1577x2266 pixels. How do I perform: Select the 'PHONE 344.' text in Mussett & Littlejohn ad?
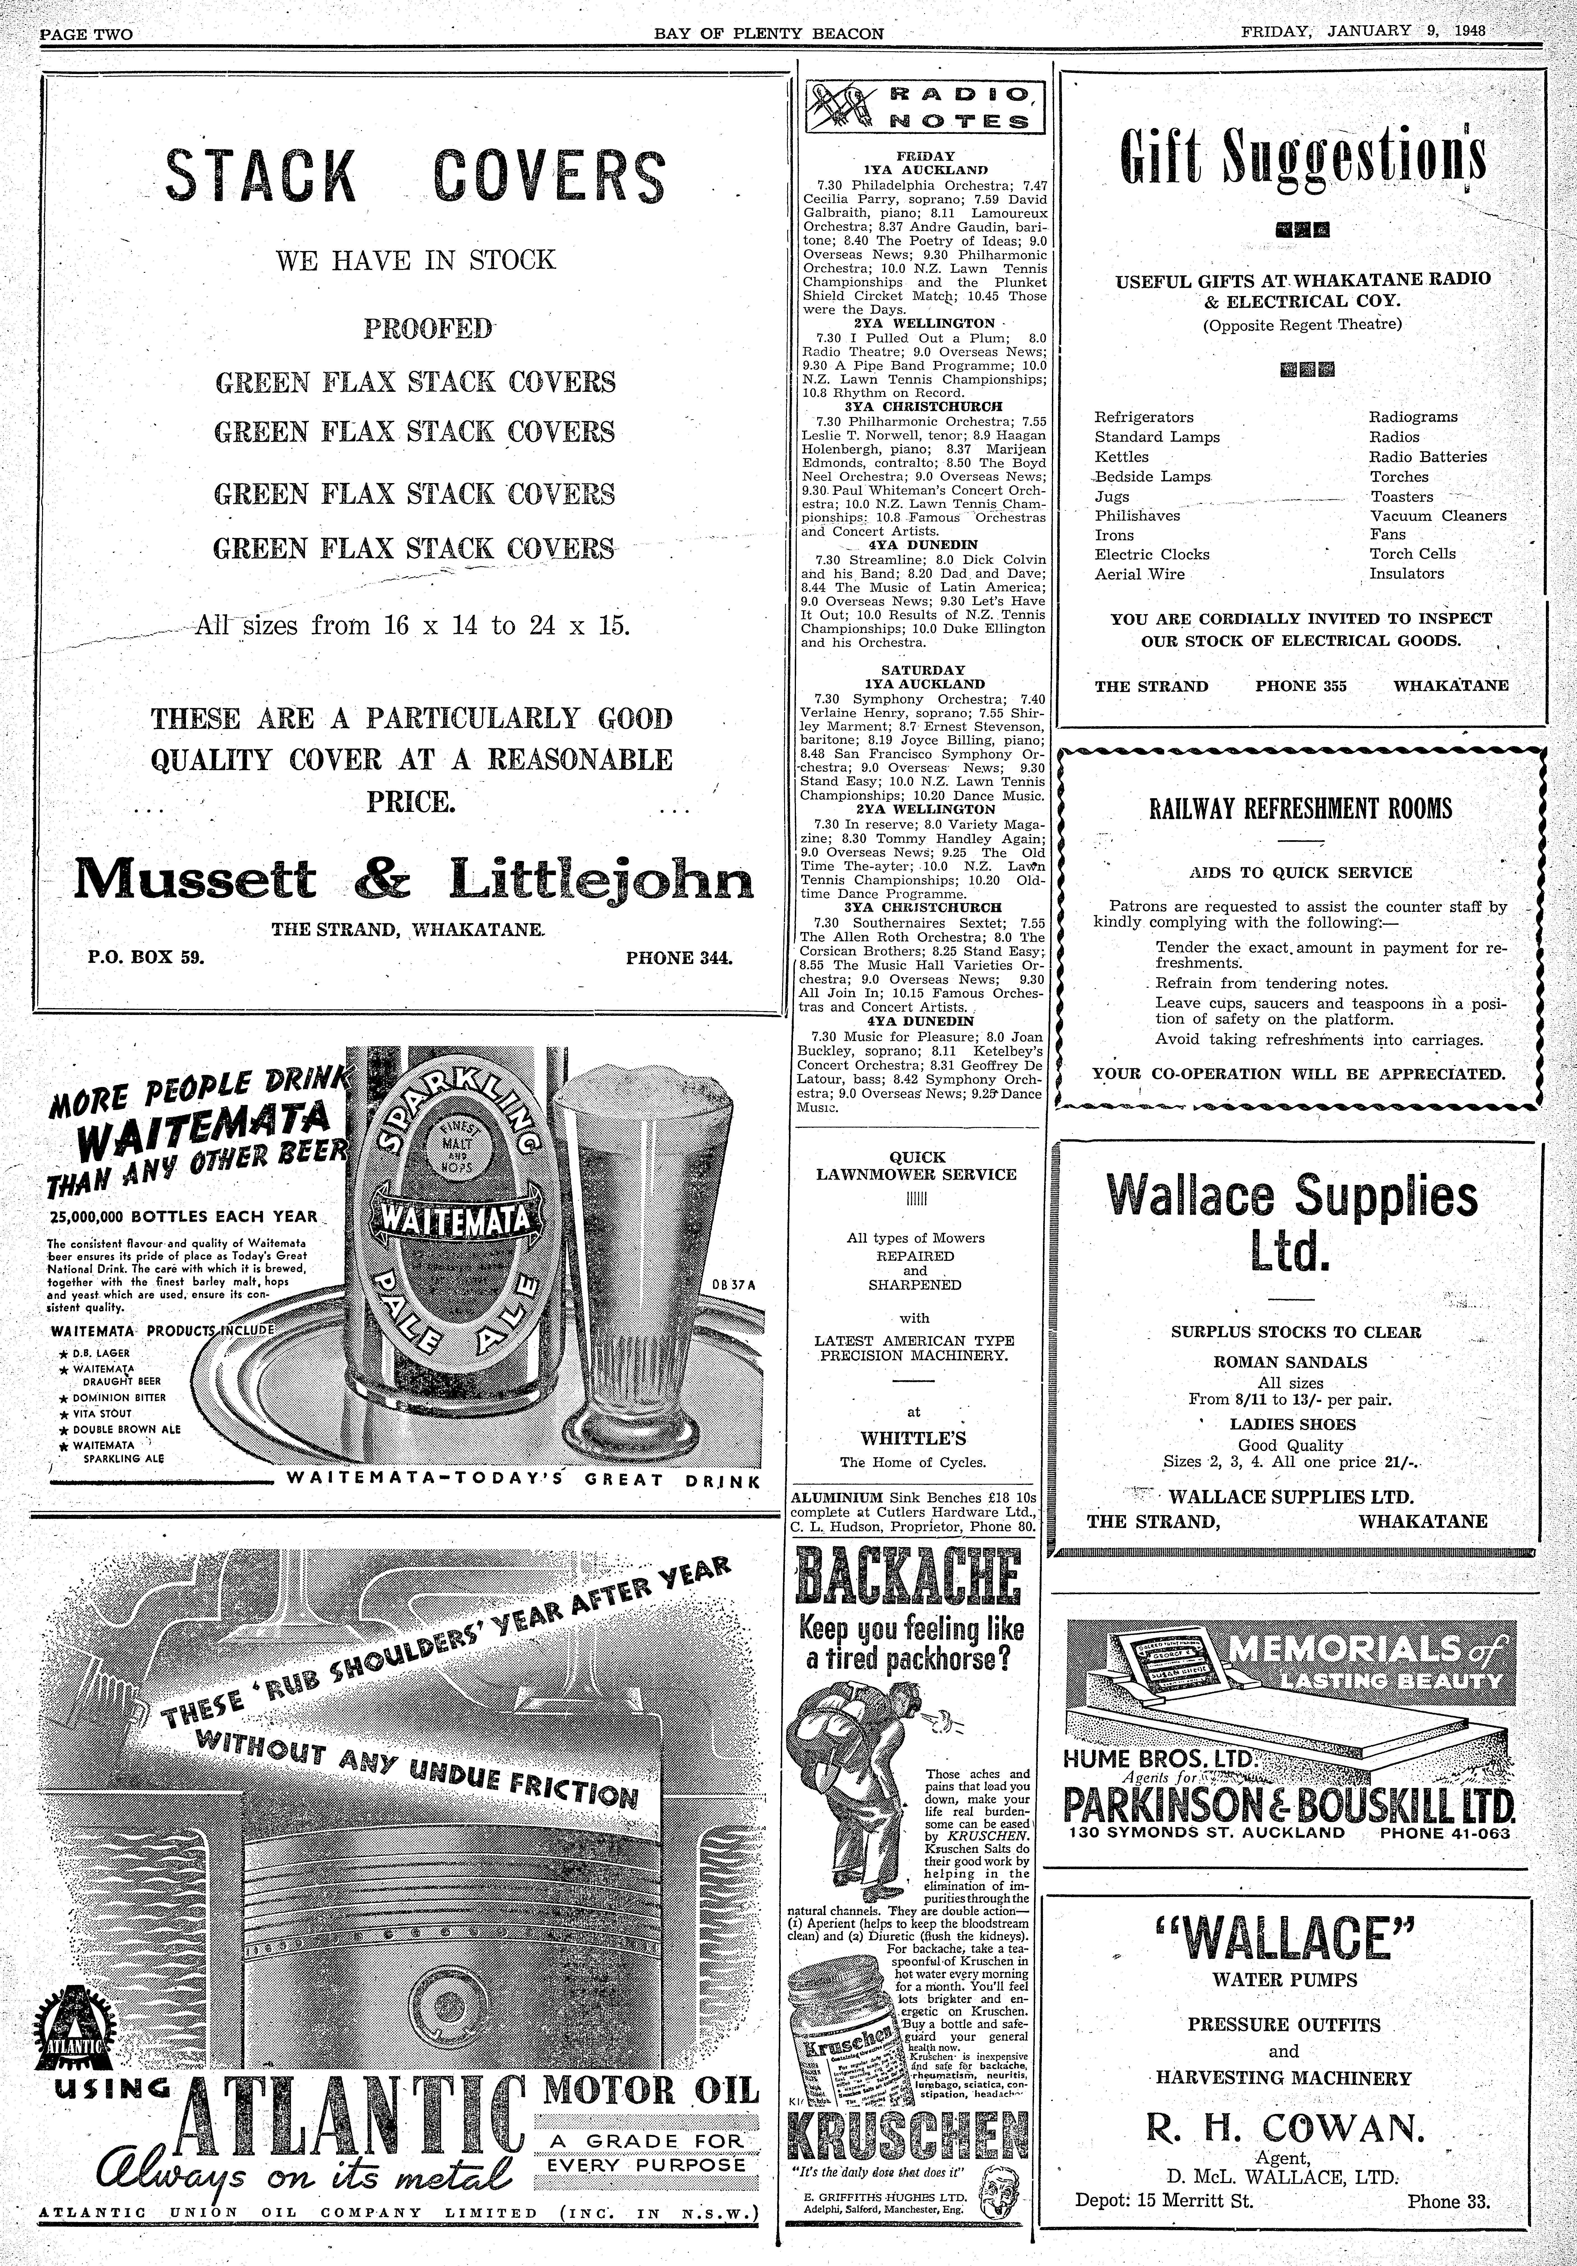click(x=679, y=956)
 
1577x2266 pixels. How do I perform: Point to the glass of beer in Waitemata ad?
click(x=632, y=1273)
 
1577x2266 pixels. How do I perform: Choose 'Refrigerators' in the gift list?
click(x=1144, y=418)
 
